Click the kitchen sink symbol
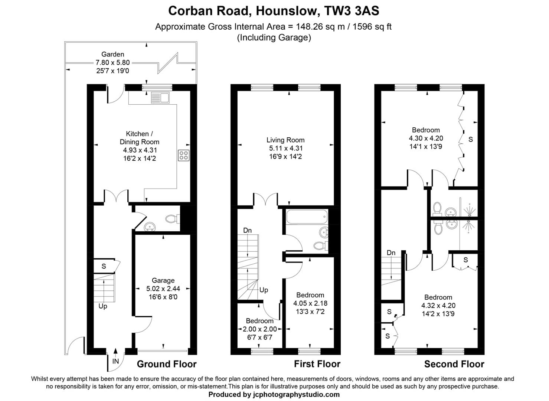[x=160, y=98]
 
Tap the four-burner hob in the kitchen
[x=184, y=156]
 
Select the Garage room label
[x=163, y=280]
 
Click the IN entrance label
[x=116, y=361]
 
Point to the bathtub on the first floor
[x=307, y=217]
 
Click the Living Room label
[x=285, y=140]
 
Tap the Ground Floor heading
[x=167, y=364]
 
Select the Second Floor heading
[x=454, y=364]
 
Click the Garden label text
[x=113, y=54]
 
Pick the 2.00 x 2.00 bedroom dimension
[x=260, y=329]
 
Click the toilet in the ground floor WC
[x=173, y=219]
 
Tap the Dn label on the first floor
[x=247, y=231]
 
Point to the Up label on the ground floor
[x=103, y=306]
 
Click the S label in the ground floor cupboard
[x=104, y=266]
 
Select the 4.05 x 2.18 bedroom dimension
[x=310, y=303]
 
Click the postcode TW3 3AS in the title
[x=352, y=11]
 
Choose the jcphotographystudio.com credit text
[x=296, y=395]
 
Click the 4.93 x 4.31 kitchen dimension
[x=140, y=150]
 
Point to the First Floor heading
[x=317, y=364]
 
